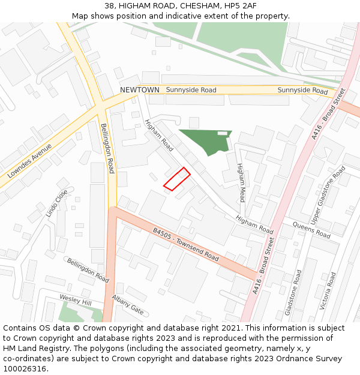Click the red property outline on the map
pyautogui.click(x=177, y=179)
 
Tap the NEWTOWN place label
pyautogui.click(x=140, y=90)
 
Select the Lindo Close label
pyautogui.click(x=57, y=204)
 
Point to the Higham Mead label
pyautogui.click(x=241, y=182)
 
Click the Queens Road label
pyautogui.click(x=311, y=229)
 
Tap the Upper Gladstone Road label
pyautogui.click(x=328, y=192)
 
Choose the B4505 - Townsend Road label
pyautogui.click(x=186, y=243)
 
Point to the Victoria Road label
pyautogui.click(x=325, y=289)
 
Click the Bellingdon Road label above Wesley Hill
pyautogui.click(x=88, y=271)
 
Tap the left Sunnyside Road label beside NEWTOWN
pyautogui.click(x=191, y=90)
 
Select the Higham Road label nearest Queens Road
pyautogui.click(x=254, y=224)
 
